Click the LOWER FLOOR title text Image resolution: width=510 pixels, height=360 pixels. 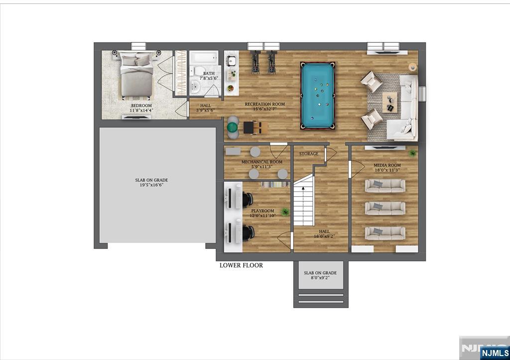click(x=241, y=265)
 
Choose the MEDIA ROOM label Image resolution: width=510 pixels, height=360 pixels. click(x=383, y=165)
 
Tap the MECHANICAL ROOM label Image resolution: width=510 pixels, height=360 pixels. click(x=262, y=162)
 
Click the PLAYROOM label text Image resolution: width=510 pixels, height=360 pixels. click(x=263, y=211)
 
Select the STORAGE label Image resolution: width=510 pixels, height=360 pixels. click(x=309, y=154)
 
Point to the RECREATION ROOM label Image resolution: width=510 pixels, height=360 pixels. click(x=264, y=104)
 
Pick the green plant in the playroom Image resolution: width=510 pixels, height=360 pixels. click(x=285, y=212)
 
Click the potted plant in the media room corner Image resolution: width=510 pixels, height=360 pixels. click(x=412, y=154)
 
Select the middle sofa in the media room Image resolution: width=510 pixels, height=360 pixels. click(x=384, y=208)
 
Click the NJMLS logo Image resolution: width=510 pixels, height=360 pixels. click(x=494, y=353)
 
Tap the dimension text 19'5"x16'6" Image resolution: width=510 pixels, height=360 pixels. click(x=149, y=185)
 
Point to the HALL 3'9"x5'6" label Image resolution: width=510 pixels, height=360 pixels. click(x=206, y=108)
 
